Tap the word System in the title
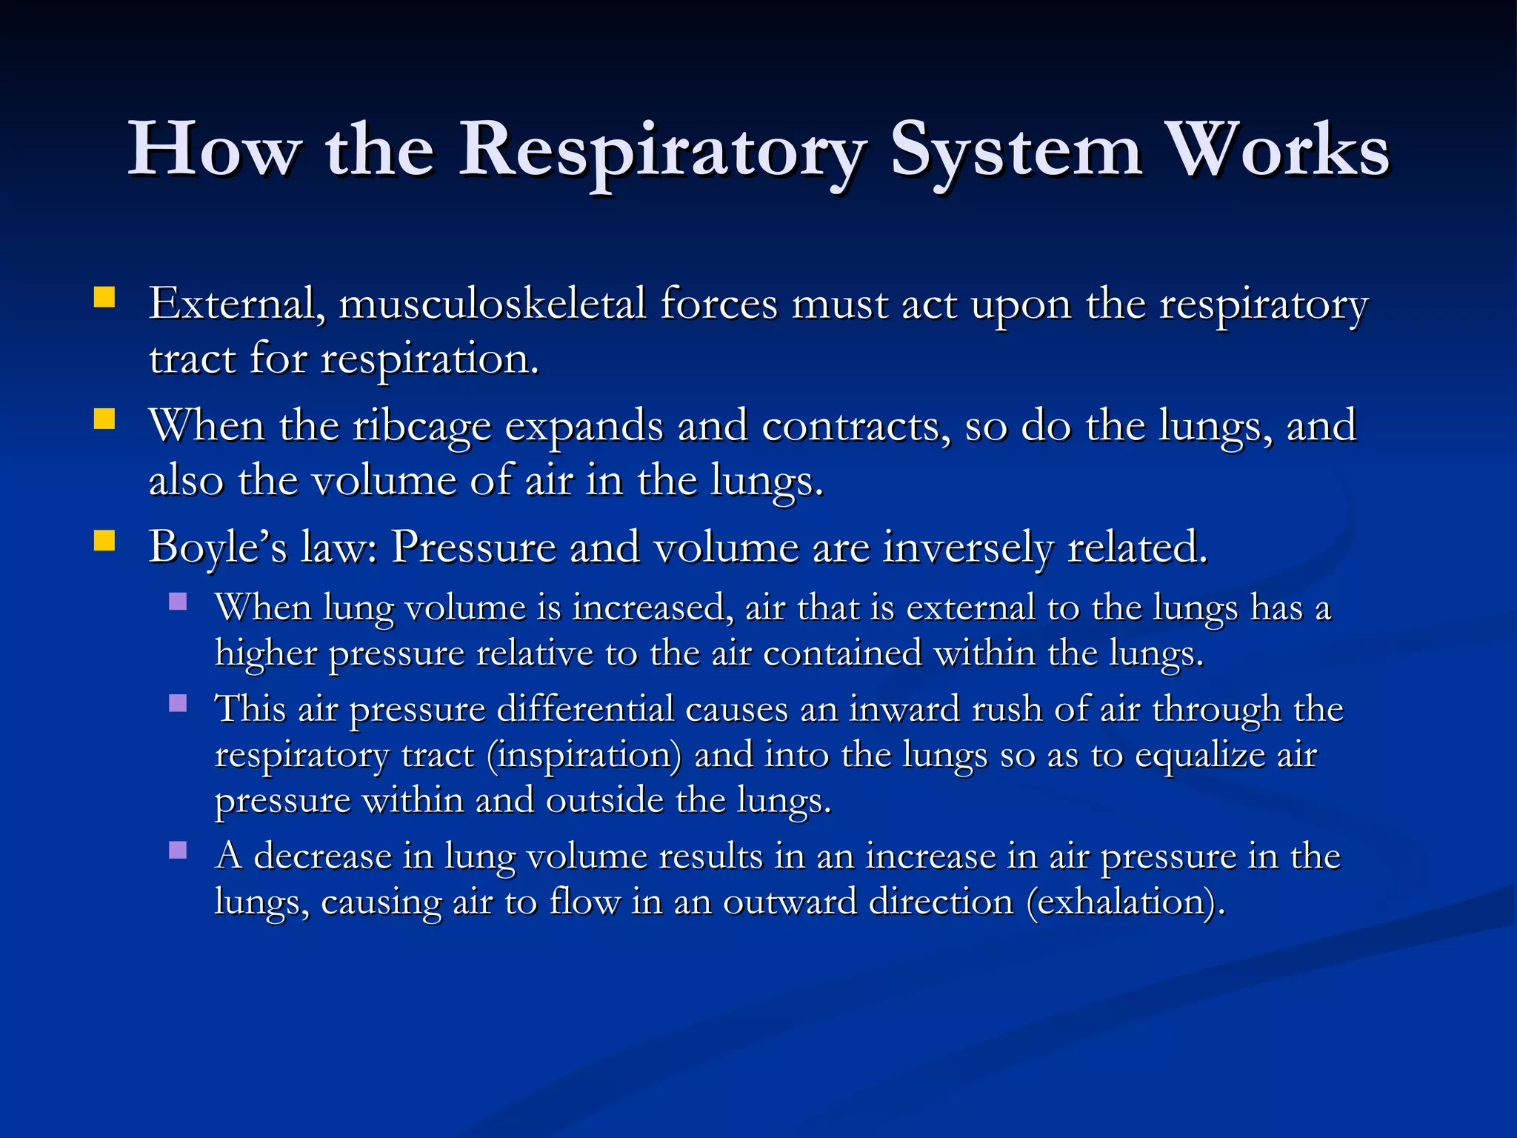1015,151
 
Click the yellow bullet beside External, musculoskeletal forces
104,298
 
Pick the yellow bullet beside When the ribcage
104,420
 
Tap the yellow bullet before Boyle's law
104,542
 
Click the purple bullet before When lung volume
178,601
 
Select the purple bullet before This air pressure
178,702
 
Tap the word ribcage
421,427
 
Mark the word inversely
967,548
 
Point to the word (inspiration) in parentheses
584,756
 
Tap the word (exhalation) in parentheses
1126,902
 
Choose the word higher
266,653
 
